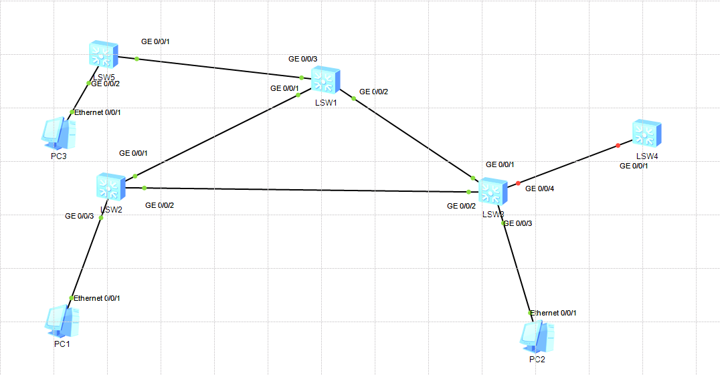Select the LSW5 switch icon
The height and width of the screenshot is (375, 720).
(104, 55)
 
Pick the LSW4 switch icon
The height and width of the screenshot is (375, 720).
(647, 134)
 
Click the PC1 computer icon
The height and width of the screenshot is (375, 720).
(64, 322)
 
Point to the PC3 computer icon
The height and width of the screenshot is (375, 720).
(59, 134)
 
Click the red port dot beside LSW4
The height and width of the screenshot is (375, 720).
(618, 145)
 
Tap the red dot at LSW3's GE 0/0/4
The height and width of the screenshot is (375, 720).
(518, 182)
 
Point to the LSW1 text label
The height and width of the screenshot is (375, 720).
(326, 103)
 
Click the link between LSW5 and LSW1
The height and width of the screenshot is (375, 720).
(221, 68)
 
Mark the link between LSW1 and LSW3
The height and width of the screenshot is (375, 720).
(412, 138)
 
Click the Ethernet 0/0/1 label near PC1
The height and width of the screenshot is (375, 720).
(97, 298)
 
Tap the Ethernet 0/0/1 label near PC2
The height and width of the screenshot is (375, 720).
(553, 313)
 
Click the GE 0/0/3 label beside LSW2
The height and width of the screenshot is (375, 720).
(79, 216)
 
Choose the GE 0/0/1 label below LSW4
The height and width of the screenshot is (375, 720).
(634, 166)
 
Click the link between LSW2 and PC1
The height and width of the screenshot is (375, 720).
(86, 257)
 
